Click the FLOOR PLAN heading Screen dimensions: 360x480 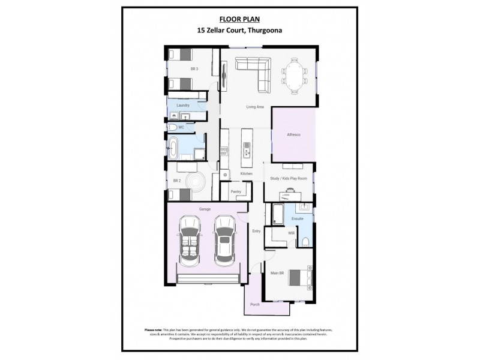pos(239,19)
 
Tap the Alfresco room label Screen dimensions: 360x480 pos(292,135)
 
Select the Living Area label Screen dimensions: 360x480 pos(255,107)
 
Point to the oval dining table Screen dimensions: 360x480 pos(294,75)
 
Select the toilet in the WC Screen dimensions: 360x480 pos(172,127)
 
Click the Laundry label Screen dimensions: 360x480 pos(183,105)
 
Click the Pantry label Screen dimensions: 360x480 pos(235,193)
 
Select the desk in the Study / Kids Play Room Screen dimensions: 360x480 pos(290,194)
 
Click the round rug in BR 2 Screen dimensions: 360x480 pos(196,182)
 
